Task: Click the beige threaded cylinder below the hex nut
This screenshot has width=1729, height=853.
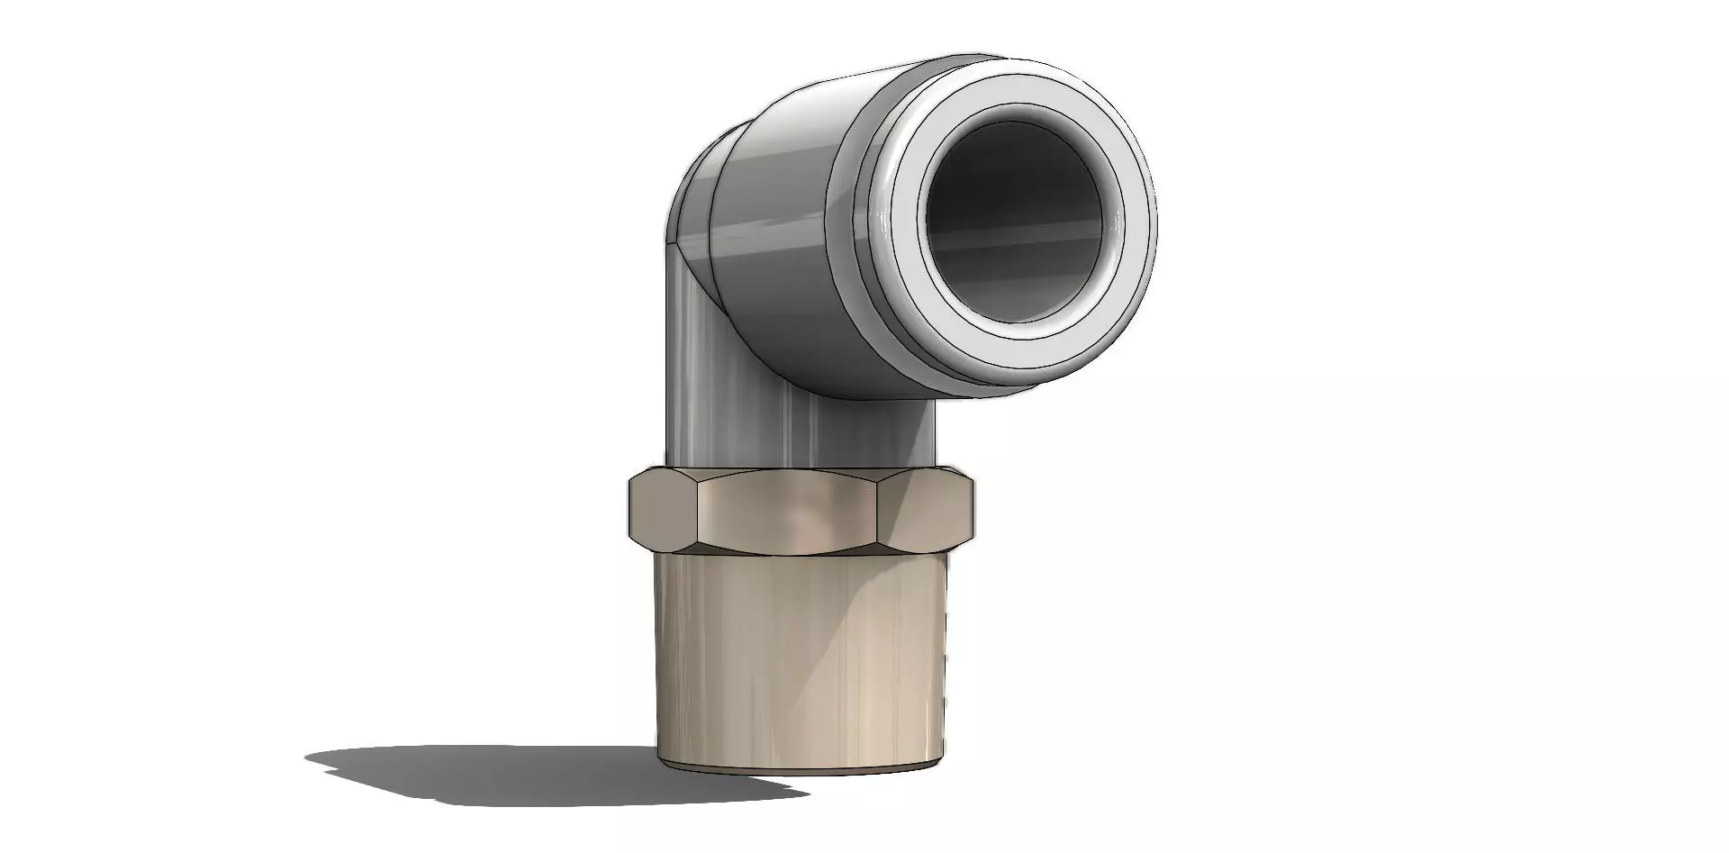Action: (x=801, y=658)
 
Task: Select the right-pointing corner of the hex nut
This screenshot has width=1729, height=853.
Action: (x=973, y=509)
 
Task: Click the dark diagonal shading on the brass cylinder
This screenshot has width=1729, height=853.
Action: (x=892, y=631)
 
